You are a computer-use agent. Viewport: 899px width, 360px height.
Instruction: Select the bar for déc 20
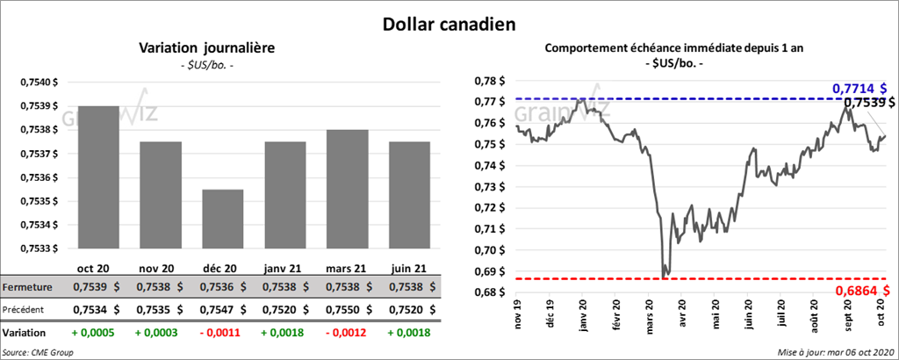pyautogui.click(x=222, y=219)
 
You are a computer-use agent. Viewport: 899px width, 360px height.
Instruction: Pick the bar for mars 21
pyautogui.click(x=347, y=189)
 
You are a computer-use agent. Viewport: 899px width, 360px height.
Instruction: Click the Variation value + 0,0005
pyautogui.click(x=93, y=334)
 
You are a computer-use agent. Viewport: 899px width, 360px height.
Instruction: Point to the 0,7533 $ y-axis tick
pyautogui.click(x=38, y=248)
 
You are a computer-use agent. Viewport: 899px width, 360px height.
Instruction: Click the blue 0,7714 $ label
pyautogui.click(x=859, y=89)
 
